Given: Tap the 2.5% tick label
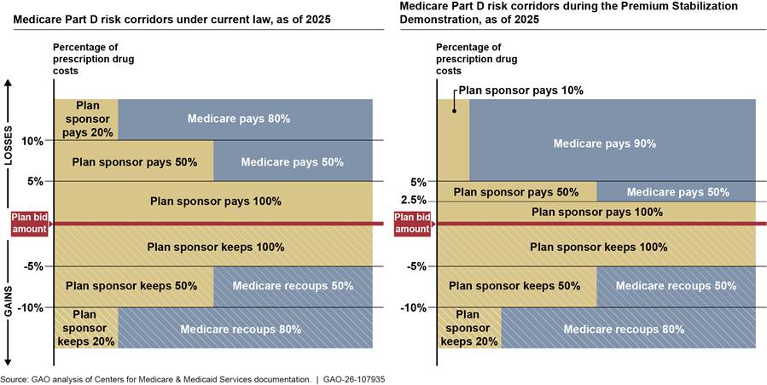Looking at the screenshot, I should click(413, 201).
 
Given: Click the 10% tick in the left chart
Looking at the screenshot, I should click(32, 140).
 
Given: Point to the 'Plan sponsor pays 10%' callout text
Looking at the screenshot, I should click(520, 90).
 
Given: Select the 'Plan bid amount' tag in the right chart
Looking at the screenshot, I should click(413, 224).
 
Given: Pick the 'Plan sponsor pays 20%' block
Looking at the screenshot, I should click(86, 119).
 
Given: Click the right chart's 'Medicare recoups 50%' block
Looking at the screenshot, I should click(676, 286).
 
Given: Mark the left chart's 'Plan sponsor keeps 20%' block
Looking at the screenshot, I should click(86, 328).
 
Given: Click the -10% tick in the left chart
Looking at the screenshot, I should click(31, 307).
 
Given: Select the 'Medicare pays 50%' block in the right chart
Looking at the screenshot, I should click(676, 192).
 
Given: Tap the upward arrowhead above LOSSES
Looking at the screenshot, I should click(8, 84).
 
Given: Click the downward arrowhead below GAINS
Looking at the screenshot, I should click(8, 363).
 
